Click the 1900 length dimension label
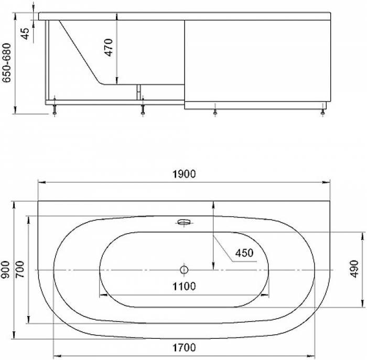click(184, 174)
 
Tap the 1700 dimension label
click(184, 347)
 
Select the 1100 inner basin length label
click(184, 286)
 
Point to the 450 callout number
click(244, 253)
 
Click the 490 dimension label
click(355, 269)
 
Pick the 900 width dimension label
click(5, 270)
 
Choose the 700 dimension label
click(20, 269)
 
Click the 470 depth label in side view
click(109, 48)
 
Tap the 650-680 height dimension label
click(6, 63)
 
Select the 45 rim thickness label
click(25, 34)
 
